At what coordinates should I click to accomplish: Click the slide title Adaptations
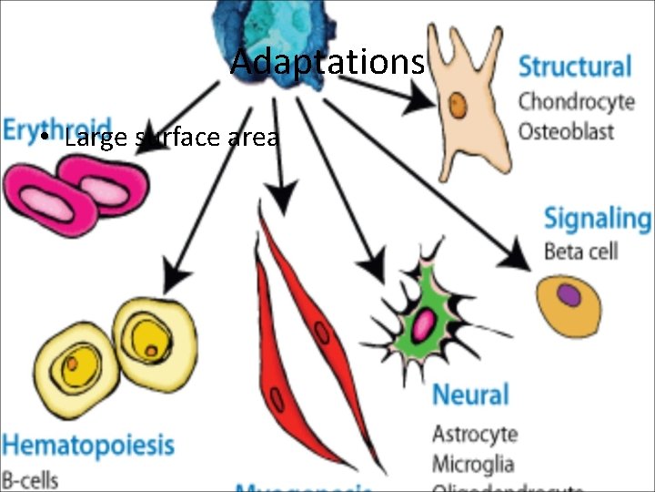[x=327, y=62]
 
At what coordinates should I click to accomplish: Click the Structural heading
[x=574, y=67]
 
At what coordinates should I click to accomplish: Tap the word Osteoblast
[x=566, y=130]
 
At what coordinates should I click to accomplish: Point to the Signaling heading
[x=597, y=219]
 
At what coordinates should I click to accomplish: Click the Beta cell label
[x=580, y=250]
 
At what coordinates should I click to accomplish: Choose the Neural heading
[x=469, y=395]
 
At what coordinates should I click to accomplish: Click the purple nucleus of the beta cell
[x=569, y=295]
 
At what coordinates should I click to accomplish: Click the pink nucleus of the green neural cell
[x=425, y=323]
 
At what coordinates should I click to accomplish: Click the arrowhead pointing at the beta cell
[x=519, y=257]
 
